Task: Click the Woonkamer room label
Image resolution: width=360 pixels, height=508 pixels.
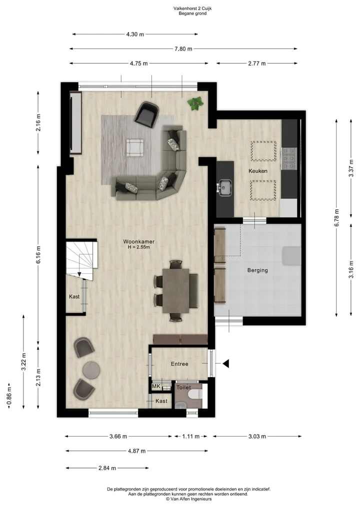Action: pos(139,242)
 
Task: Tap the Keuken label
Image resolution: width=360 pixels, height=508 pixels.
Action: pos(258,171)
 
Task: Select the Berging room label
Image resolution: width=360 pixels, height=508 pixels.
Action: pos(257,270)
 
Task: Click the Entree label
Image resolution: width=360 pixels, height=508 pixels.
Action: pos(179,364)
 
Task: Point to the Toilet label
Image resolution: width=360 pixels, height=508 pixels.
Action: pos(183,387)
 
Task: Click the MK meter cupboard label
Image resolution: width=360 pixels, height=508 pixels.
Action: pos(156,386)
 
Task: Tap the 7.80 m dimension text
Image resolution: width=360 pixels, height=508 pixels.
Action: pos(183,49)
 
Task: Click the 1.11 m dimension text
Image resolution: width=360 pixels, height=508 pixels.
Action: pos(190,437)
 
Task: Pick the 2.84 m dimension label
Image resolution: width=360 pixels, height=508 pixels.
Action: pos(107,468)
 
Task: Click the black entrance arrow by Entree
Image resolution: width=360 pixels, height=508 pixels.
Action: pos(225,364)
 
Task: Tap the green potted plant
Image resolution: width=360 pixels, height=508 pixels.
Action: pos(195,104)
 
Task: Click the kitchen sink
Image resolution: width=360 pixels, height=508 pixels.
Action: pos(224,188)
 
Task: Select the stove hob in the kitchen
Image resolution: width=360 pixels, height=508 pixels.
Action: pos(289,159)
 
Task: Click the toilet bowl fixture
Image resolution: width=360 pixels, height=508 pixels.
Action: pos(196,395)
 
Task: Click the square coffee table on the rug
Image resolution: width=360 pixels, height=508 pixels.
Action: pos(135,147)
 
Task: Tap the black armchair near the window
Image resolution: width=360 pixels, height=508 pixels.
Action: pos(146,113)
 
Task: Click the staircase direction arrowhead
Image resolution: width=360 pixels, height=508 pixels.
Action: pos(79,274)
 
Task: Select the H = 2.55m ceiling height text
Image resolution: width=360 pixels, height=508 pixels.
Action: pos(139,247)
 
